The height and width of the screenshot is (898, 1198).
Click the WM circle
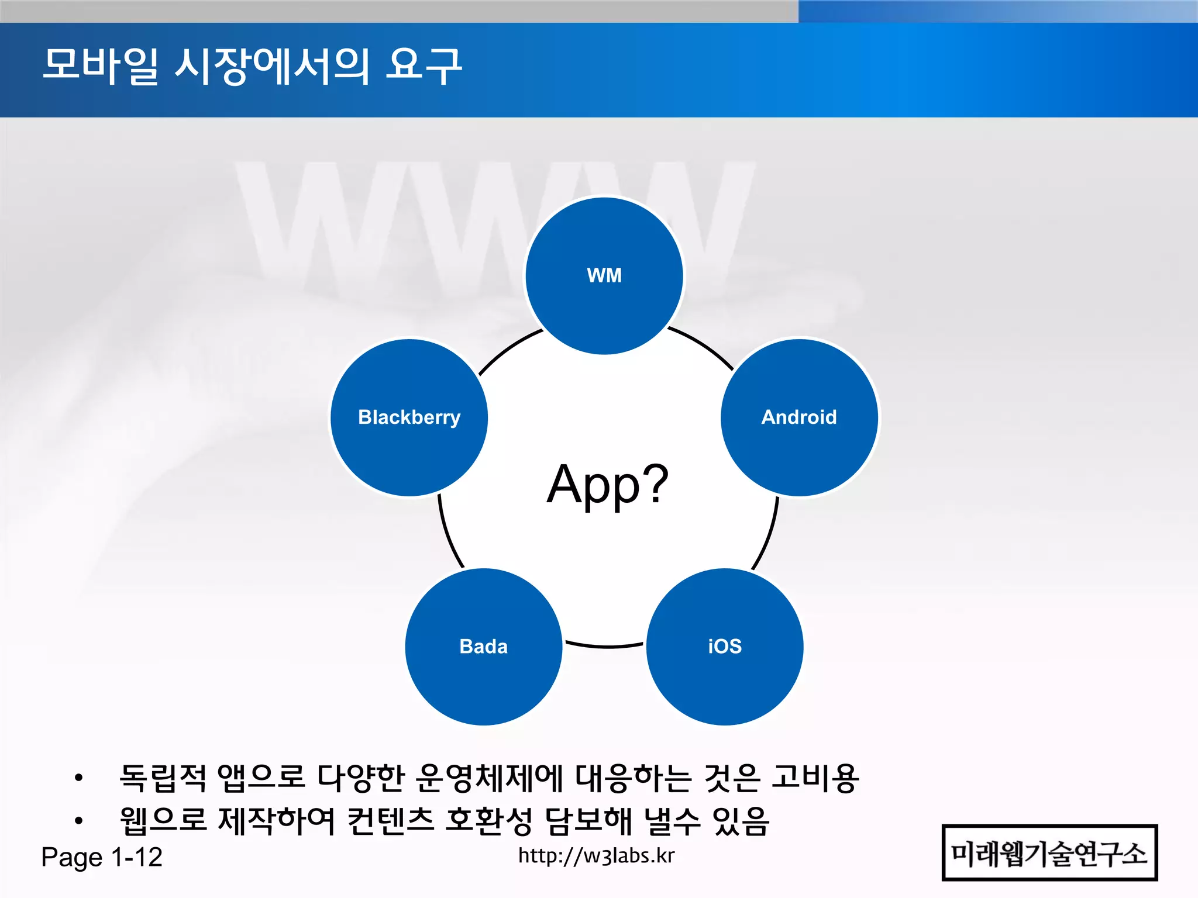tap(604, 275)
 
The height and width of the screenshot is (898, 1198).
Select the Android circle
tap(799, 417)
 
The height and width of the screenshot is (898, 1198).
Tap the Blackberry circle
tap(409, 417)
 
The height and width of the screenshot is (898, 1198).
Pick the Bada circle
tap(484, 647)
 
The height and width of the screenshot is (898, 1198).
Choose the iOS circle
tap(725, 647)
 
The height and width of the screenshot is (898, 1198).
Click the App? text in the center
tap(608, 484)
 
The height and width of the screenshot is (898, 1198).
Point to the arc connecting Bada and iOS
tap(605, 647)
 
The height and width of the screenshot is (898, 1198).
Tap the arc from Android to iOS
tap(767, 535)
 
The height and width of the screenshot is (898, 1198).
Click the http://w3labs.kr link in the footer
tap(596, 856)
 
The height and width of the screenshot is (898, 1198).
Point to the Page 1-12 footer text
tap(102, 857)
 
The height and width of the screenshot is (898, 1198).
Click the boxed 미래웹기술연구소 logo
tap(1049, 853)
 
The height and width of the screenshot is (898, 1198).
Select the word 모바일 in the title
tap(100, 65)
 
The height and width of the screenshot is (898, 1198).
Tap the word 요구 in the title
tap(424, 65)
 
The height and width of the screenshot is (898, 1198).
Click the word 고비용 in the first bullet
tap(815, 779)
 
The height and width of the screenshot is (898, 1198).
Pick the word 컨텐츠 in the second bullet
tap(390, 821)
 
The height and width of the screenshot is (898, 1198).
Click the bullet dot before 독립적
tap(78, 778)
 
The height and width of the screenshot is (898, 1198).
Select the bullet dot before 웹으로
tap(78, 821)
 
